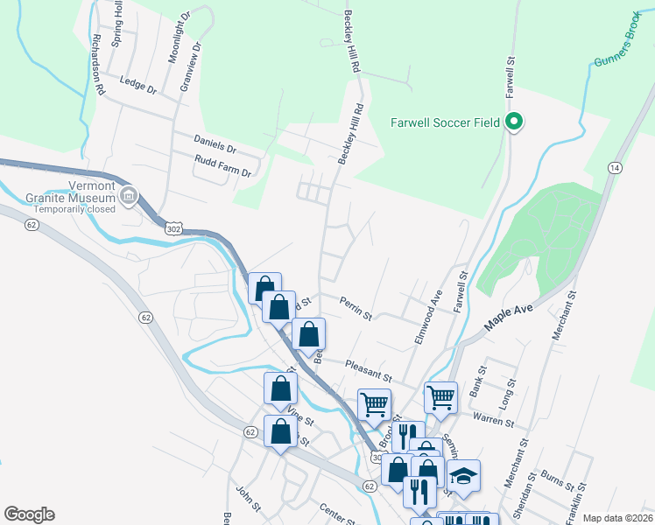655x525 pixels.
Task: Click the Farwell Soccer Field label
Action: (x=445, y=122)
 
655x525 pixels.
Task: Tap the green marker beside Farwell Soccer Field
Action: (x=515, y=122)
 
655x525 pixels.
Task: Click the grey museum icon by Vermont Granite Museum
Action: (x=130, y=194)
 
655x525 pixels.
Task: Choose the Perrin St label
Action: (x=356, y=307)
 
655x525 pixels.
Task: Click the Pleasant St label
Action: (x=366, y=366)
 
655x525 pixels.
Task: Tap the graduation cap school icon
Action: (x=465, y=476)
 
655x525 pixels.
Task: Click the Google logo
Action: (x=29, y=514)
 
